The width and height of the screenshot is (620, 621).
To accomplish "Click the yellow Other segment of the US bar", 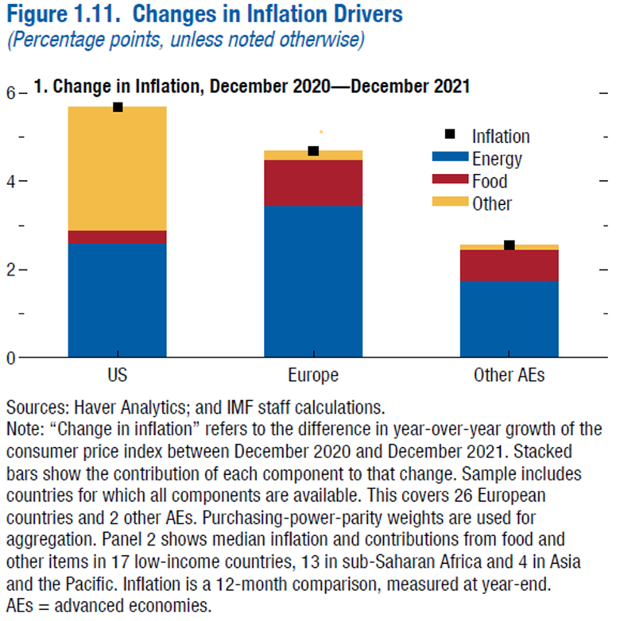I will coord(117,168).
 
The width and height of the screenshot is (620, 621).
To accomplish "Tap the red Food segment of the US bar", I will coord(117,237).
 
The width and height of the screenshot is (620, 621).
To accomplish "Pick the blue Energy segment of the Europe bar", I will coord(313,281).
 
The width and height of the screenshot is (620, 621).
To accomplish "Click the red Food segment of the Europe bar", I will coord(313,183).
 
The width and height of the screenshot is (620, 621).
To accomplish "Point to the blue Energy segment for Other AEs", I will coord(510,318).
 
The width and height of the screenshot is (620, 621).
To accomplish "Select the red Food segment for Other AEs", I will coord(510,265).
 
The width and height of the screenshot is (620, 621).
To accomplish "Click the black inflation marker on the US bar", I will coord(118,107).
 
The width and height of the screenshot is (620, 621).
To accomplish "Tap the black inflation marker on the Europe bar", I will coord(313,151).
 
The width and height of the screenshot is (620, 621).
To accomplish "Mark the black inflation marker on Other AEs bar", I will coord(510,245).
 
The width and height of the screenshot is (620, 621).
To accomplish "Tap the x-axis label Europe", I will coord(313,376).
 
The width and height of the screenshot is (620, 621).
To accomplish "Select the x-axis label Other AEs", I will coord(510,376).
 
